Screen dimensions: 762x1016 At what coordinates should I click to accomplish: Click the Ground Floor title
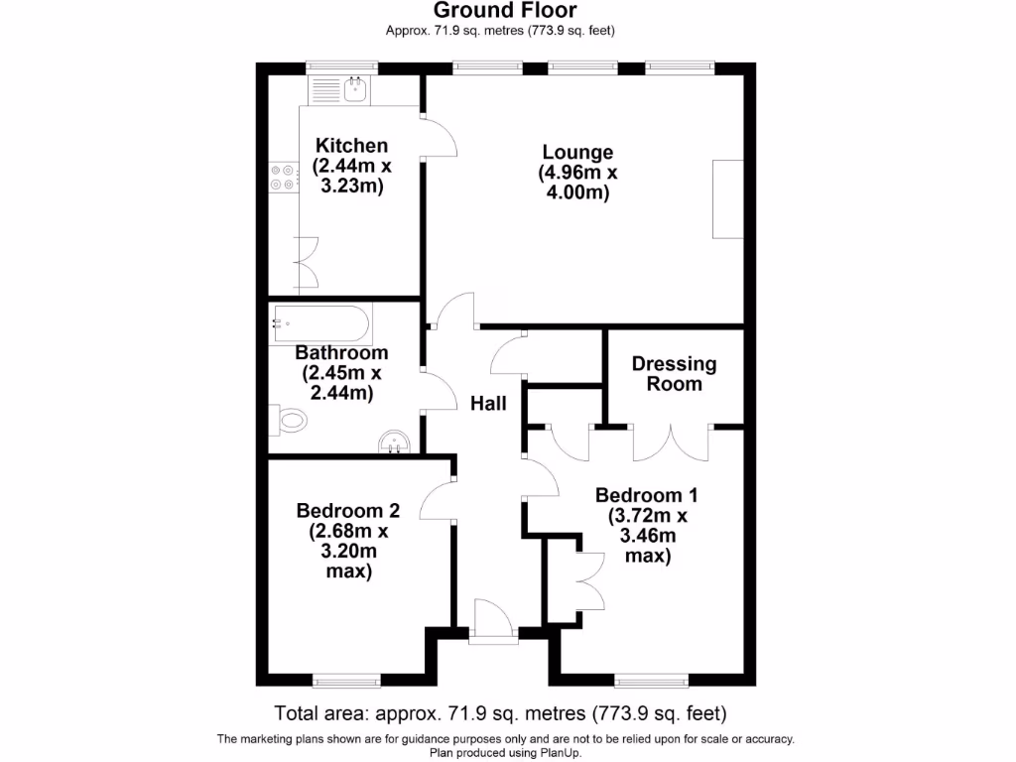(505, 11)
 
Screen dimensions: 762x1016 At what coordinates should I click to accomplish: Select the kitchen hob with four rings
(282, 177)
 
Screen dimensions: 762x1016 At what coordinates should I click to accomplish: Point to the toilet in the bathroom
(289, 421)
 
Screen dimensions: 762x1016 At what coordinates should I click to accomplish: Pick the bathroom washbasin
(395, 441)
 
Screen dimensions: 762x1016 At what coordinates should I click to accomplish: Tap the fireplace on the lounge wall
(727, 198)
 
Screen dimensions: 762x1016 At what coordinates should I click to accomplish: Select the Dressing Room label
(674, 374)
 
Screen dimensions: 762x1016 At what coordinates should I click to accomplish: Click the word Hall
(488, 404)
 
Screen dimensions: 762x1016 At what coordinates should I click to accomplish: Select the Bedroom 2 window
(346, 681)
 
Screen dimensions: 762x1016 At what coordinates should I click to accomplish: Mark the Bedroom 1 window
(650, 681)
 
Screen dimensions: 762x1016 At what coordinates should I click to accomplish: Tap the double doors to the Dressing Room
(672, 443)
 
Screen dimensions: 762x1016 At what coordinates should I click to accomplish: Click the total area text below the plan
(500, 712)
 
